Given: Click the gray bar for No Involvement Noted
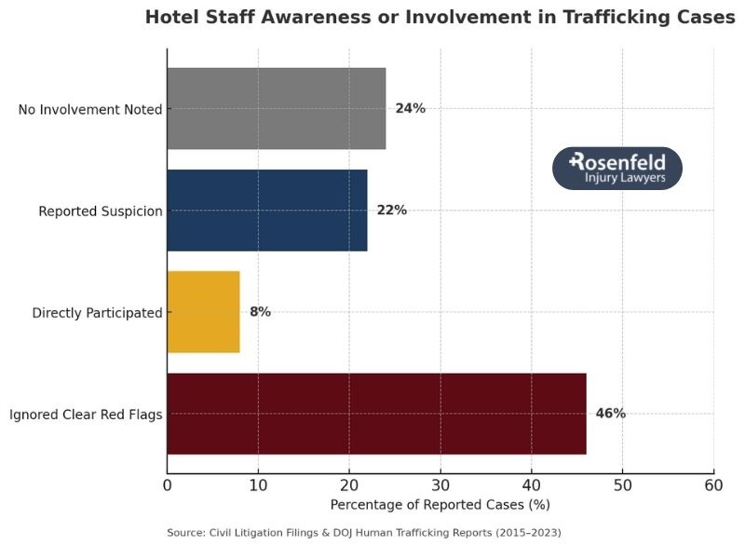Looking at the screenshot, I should pyautogui.click(x=276, y=109).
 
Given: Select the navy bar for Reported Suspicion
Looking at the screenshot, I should pyautogui.click(x=266, y=211).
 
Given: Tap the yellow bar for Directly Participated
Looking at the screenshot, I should pyautogui.click(x=203, y=312).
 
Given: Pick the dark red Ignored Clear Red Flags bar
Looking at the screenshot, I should pyautogui.click(x=376, y=414).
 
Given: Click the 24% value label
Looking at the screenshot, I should pyautogui.click(x=410, y=109).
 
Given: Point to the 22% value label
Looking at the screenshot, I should pyautogui.click(x=391, y=211).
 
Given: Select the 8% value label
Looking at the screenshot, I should pyautogui.click(x=260, y=312).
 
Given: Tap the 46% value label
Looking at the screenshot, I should pyautogui.click(x=610, y=414).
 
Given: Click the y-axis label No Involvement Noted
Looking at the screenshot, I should pyautogui.click(x=90, y=110).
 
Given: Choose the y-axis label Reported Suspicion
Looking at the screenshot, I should pyautogui.click(x=101, y=211).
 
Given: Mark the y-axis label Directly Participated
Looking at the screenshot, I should pyautogui.click(x=97, y=313).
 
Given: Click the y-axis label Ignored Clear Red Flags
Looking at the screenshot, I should pyautogui.click(x=86, y=415).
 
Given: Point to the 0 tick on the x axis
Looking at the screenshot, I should pyautogui.click(x=168, y=485).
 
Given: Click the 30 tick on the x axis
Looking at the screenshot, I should pyautogui.click(x=440, y=485).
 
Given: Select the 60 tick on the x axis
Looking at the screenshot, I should pyautogui.click(x=713, y=485).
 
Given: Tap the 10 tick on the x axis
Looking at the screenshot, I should pyautogui.click(x=258, y=485).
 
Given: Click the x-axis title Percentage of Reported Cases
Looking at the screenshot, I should pyautogui.click(x=440, y=505).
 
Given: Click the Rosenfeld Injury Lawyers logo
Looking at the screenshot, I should pyautogui.click(x=616, y=169).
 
